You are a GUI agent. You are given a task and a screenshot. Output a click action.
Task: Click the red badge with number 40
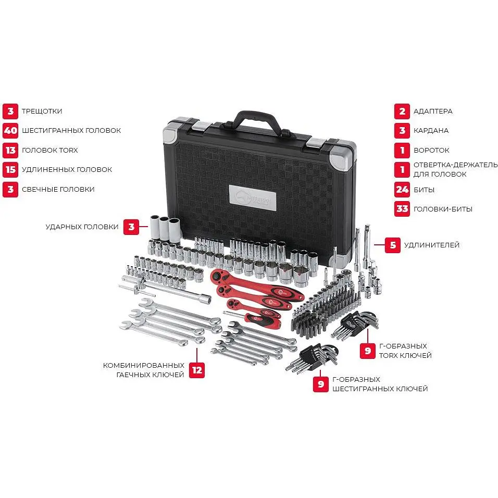tap(10, 130)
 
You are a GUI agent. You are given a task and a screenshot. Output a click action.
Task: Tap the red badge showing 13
tap(10, 150)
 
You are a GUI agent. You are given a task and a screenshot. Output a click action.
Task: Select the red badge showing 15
tap(10, 170)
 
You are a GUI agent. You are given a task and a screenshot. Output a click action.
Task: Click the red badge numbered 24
tap(402, 190)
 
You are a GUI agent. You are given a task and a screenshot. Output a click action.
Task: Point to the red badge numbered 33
tap(402, 209)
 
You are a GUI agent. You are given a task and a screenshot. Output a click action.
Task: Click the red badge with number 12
tap(197, 370)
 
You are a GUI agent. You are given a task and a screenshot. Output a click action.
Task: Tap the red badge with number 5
tap(393, 245)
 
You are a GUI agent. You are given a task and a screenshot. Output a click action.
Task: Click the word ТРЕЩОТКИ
tap(42, 111)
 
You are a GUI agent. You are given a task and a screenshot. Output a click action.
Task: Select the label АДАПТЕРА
tap(433, 111)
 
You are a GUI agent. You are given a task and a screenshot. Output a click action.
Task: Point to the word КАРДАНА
tap(431, 131)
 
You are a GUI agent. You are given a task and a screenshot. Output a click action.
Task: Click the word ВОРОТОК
tap(431, 150)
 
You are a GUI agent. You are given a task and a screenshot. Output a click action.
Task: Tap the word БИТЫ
tap(424, 190)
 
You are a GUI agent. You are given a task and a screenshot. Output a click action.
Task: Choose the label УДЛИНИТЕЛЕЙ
tap(432, 245)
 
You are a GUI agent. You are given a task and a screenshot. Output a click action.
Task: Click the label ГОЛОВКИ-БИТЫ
tap(443, 209)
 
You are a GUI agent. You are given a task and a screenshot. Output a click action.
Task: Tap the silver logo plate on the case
tap(253, 198)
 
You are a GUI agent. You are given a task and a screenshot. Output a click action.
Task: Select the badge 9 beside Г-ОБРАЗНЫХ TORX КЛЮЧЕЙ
tap(368, 351)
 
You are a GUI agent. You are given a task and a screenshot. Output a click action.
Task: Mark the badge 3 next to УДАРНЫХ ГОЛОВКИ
tap(131, 227)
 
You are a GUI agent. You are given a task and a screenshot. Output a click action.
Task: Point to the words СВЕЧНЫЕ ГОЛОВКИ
tap(58, 189)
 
